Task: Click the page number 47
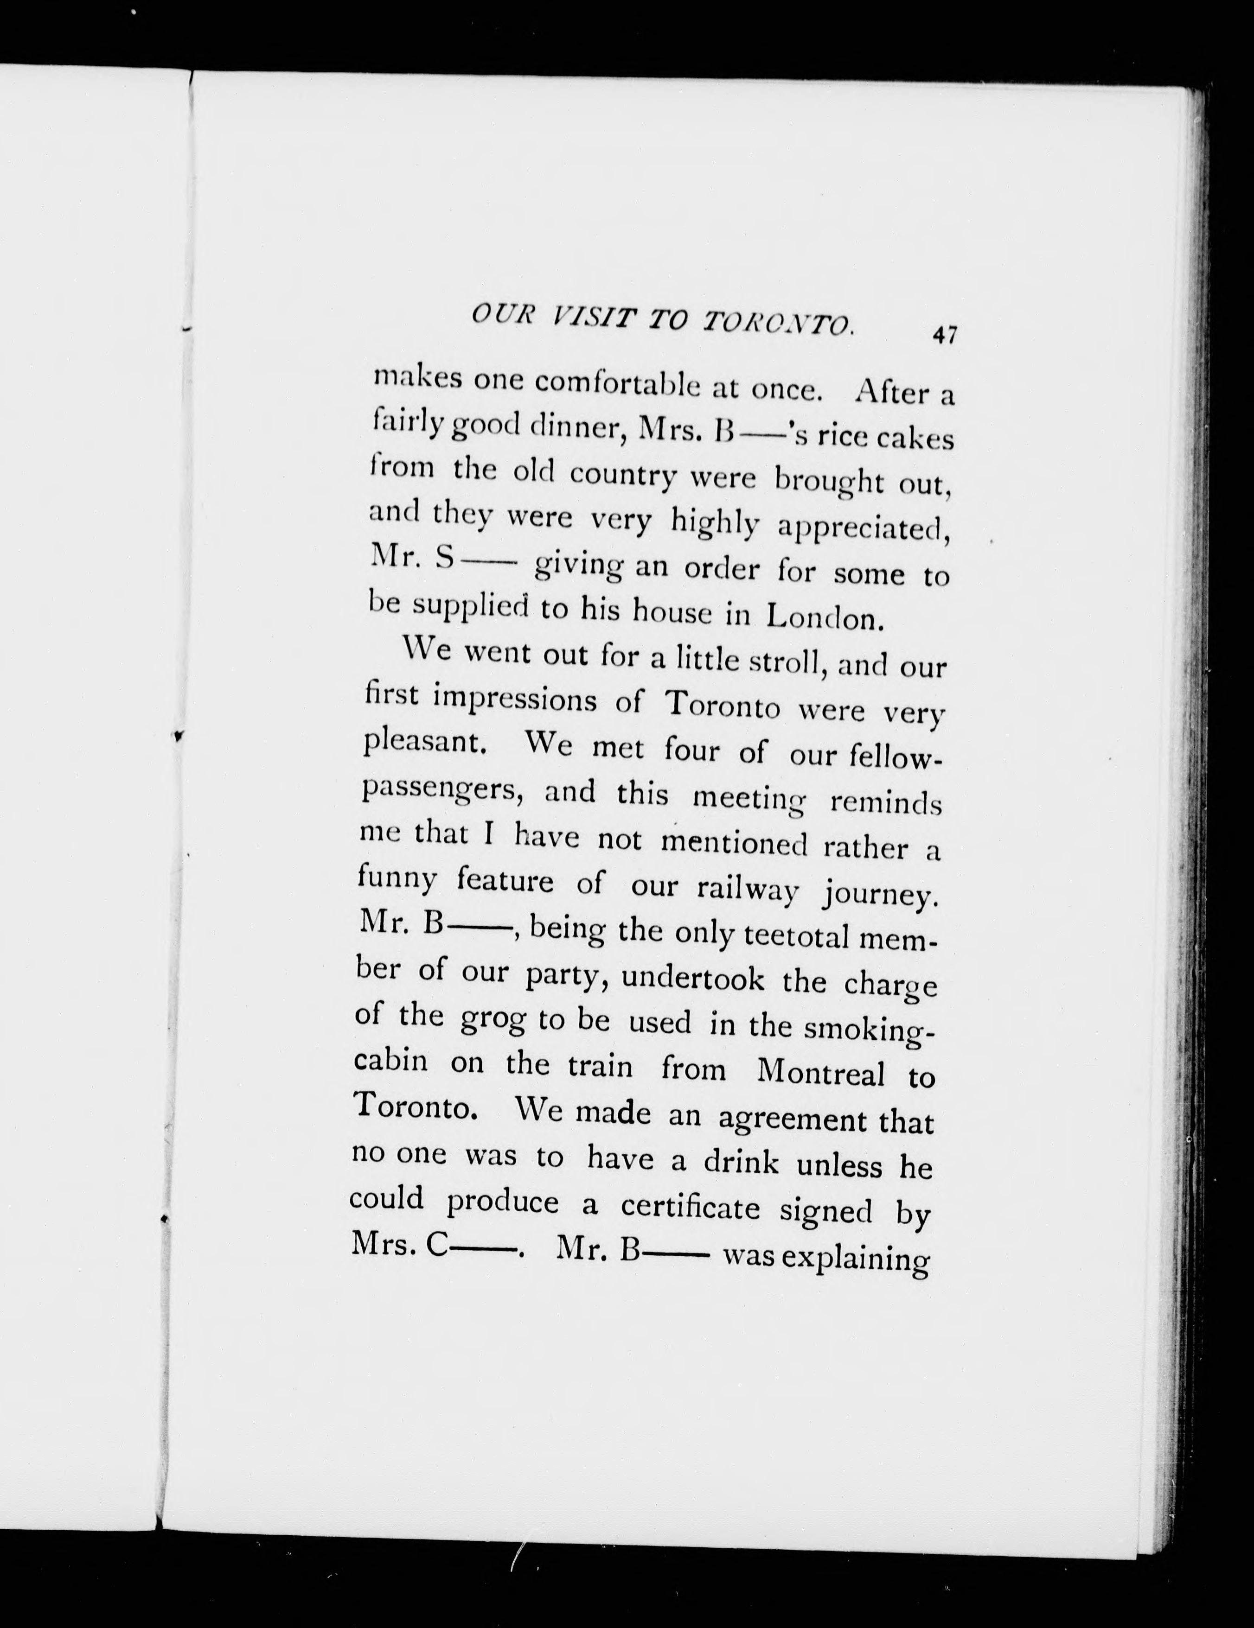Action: point(943,335)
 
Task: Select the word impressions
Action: point(515,701)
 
